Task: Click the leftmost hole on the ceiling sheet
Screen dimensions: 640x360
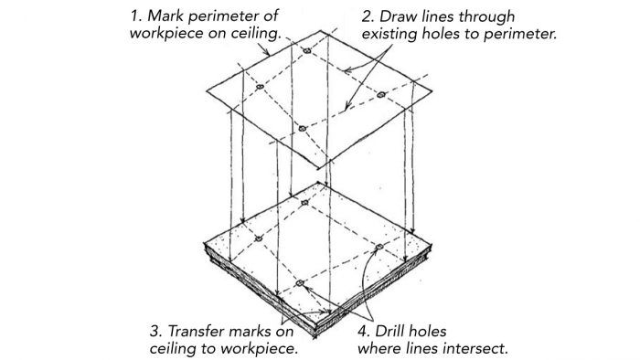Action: click(260, 88)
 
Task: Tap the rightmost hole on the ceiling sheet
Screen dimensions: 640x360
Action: click(379, 94)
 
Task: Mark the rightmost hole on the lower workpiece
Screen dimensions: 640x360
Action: click(378, 247)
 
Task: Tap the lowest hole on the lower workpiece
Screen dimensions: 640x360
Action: click(299, 284)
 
